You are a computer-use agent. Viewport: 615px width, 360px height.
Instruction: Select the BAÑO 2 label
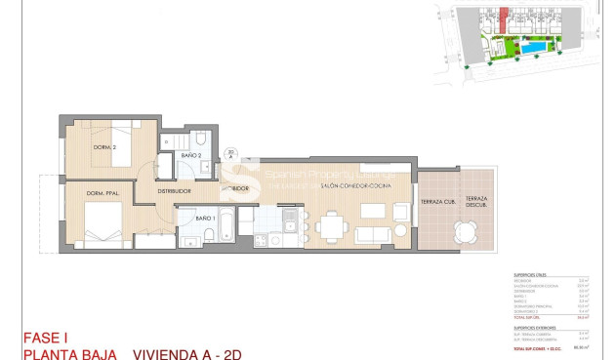click(x=191, y=156)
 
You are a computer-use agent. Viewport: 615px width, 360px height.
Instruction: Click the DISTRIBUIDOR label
click(x=175, y=191)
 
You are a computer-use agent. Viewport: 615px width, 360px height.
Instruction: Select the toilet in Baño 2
click(x=198, y=138)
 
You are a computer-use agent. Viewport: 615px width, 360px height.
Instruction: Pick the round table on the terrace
click(x=467, y=230)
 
